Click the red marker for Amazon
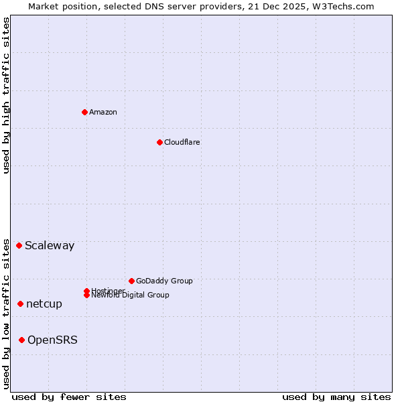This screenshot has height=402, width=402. pyautogui.click(x=84, y=112)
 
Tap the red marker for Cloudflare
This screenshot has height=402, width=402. pyautogui.click(x=159, y=142)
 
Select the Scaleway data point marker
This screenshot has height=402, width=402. pyautogui.click(x=19, y=245)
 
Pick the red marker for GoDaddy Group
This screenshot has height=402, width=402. pyautogui.click(x=131, y=281)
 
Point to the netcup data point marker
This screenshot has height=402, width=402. pyautogui.click(x=20, y=304)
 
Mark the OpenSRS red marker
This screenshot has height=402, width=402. pyautogui.click(x=21, y=340)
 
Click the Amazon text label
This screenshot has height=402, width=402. pyautogui.click(x=103, y=112)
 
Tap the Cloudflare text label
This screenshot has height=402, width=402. pyautogui.click(x=182, y=142)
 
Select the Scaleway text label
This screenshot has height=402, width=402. pyautogui.click(x=50, y=245)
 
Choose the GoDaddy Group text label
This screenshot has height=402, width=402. pyautogui.click(x=163, y=281)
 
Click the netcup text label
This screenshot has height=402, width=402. pyautogui.click(x=44, y=304)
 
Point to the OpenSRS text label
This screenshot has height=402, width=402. pyautogui.click(x=52, y=340)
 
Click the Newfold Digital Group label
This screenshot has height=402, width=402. pyautogui.click(x=130, y=295)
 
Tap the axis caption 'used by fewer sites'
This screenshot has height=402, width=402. pyautogui.click(x=69, y=397)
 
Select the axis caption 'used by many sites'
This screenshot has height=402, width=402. pyautogui.click(x=336, y=397)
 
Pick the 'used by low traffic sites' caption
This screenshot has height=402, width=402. pyautogui.click(x=6, y=313)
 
